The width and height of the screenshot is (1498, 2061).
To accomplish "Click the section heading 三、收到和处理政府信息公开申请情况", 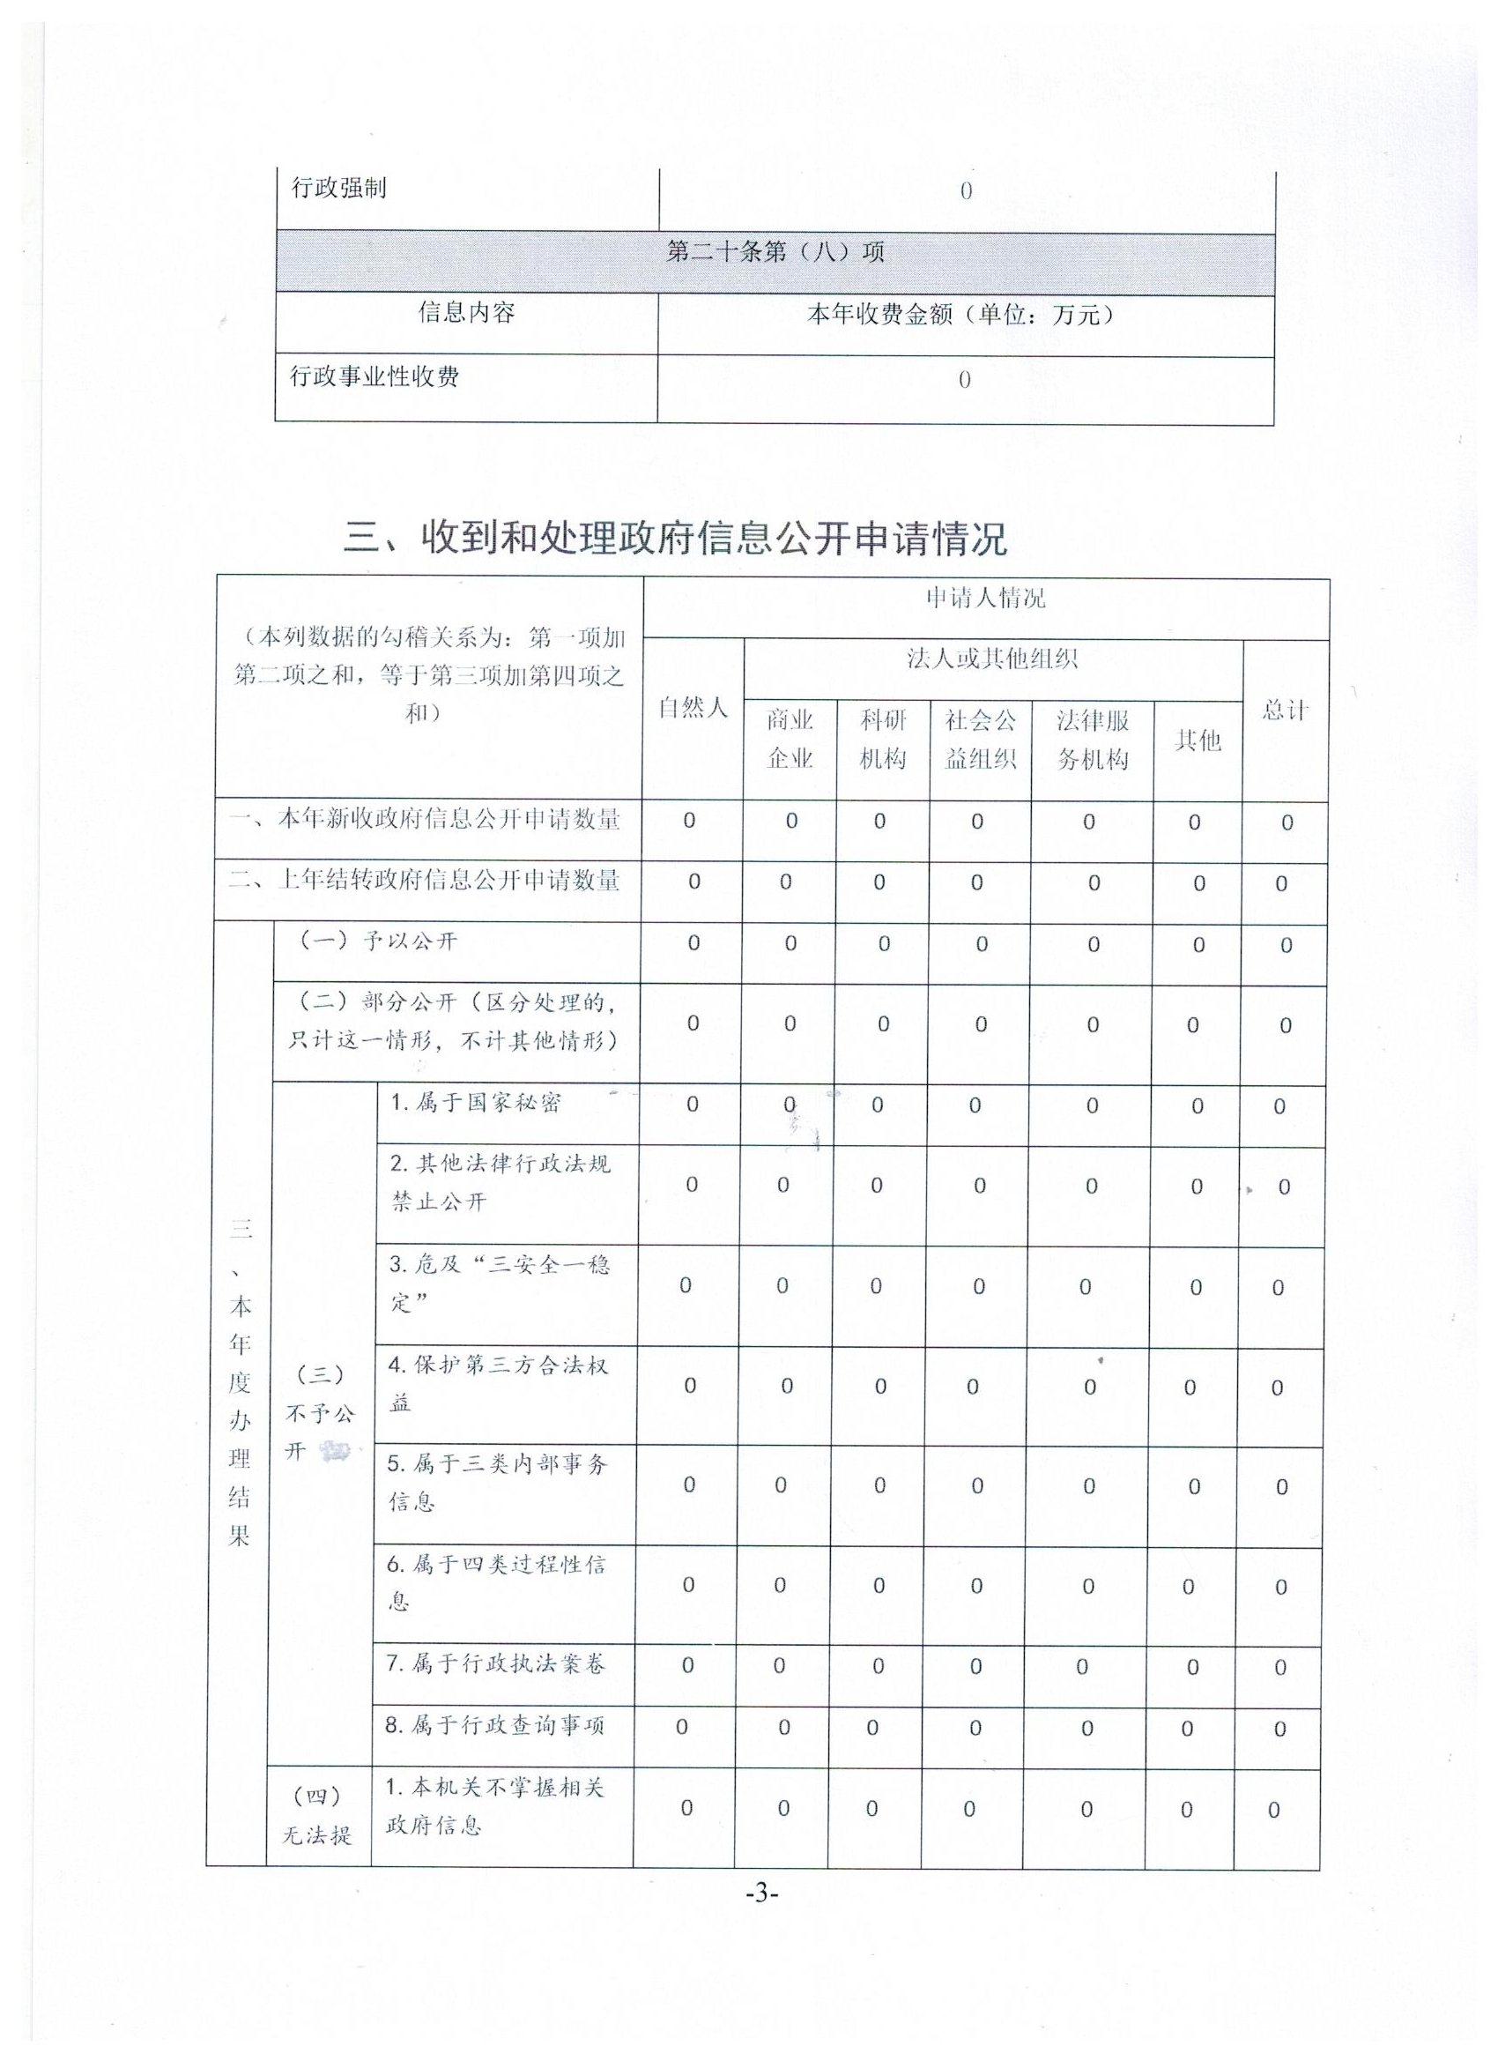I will (x=675, y=539).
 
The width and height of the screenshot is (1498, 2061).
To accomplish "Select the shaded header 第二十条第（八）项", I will (x=775, y=252).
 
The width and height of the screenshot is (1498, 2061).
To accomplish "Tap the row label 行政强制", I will (x=339, y=188).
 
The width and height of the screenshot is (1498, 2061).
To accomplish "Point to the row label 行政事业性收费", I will (x=374, y=376).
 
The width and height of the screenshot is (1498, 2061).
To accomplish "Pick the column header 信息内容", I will (x=466, y=313).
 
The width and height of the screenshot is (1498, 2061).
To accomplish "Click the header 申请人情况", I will (x=985, y=598).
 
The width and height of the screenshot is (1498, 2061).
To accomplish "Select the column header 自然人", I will (x=693, y=707).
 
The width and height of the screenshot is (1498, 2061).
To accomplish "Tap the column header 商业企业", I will (x=790, y=739).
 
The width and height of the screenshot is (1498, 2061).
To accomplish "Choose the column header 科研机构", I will (x=883, y=739).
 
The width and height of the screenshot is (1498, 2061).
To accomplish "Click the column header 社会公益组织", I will (x=980, y=739).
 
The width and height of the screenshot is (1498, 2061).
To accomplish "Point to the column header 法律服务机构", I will (x=1093, y=739).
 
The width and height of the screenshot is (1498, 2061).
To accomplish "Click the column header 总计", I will (x=1286, y=710).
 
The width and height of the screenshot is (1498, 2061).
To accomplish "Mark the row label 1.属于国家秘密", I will (x=476, y=1102).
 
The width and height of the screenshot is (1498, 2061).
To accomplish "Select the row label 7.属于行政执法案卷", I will (x=495, y=1664).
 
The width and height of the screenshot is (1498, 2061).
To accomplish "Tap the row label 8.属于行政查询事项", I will (x=495, y=1726).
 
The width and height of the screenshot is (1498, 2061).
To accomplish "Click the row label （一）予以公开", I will (x=379, y=941).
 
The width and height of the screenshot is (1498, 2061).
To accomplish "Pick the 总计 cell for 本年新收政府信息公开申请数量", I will (x=1287, y=823).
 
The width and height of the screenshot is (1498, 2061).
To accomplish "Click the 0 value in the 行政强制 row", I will (x=966, y=190).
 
